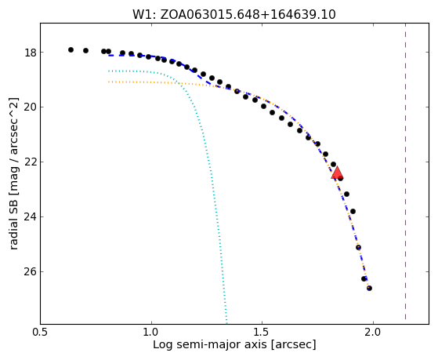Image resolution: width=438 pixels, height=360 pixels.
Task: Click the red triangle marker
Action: pyautogui.click(x=337, y=173)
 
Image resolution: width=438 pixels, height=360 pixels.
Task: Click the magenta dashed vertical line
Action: pyautogui.click(x=405, y=171)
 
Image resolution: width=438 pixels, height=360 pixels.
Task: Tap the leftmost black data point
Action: pyautogui.click(x=71, y=49)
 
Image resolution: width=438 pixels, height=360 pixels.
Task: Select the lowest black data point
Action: pyautogui.click(x=369, y=288)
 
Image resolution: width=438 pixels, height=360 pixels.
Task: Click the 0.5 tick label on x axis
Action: pyautogui.click(x=41, y=333)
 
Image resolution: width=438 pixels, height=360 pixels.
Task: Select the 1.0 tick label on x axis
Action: pyautogui.click(x=151, y=333)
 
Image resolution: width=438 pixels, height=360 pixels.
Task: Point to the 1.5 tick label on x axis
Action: pyautogui.click(x=262, y=333)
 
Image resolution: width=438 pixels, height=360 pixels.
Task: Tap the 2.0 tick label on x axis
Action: pyautogui.click(x=373, y=333)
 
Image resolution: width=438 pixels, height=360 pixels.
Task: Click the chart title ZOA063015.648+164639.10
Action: pyautogui.click(x=248, y=15)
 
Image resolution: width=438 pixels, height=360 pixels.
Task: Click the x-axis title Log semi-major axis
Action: pyautogui.click(x=209, y=345)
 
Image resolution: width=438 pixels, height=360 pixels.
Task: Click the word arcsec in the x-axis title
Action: pyautogui.click(x=293, y=345)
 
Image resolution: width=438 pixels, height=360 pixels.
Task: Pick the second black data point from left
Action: pyautogui.click(x=85, y=50)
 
